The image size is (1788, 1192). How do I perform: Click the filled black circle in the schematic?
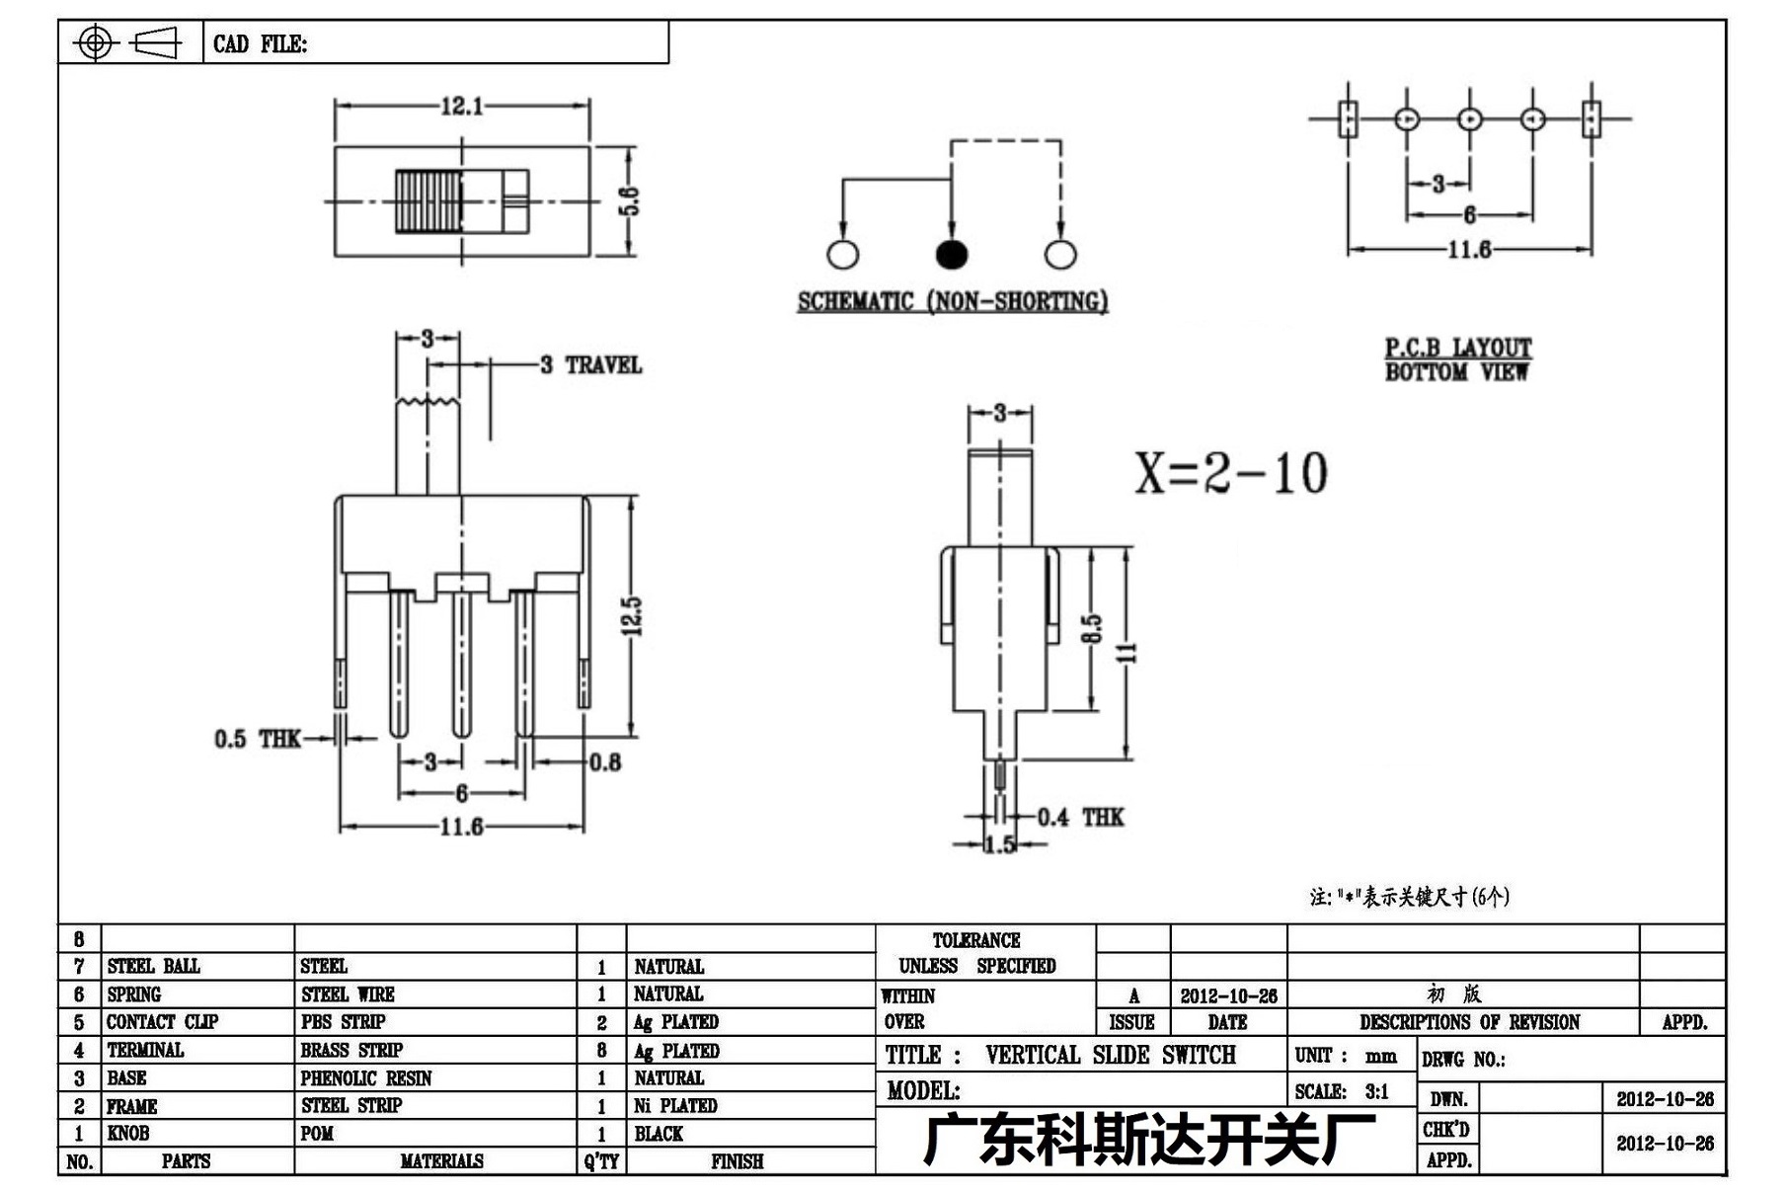[x=951, y=255]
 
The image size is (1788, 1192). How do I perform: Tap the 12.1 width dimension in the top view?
[x=462, y=106]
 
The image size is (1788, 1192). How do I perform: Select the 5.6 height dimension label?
[x=632, y=200]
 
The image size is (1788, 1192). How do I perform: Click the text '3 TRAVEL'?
[x=590, y=365]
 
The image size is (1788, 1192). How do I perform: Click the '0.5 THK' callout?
[x=257, y=739]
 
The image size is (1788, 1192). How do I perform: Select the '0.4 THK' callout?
[x=1080, y=817]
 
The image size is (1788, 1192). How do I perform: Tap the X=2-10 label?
[x=1230, y=473]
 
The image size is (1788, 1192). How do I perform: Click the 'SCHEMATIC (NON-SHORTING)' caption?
[x=953, y=301]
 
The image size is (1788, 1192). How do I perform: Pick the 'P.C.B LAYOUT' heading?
[x=1457, y=348]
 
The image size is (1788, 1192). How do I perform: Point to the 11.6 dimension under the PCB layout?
[x=1469, y=249]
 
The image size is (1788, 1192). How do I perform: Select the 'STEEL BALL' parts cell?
[x=153, y=966]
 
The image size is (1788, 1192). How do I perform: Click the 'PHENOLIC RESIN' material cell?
[x=366, y=1078]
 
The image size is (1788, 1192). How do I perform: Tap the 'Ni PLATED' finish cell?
[x=675, y=1106]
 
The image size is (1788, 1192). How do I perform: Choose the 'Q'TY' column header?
[x=601, y=1161]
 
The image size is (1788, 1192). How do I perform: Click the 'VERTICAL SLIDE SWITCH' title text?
[x=1111, y=1055]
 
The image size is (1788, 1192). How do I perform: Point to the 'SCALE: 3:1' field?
[x=1342, y=1091]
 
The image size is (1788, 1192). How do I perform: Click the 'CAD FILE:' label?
[x=260, y=44]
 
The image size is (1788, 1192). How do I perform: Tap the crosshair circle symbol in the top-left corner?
[x=96, y=42]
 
